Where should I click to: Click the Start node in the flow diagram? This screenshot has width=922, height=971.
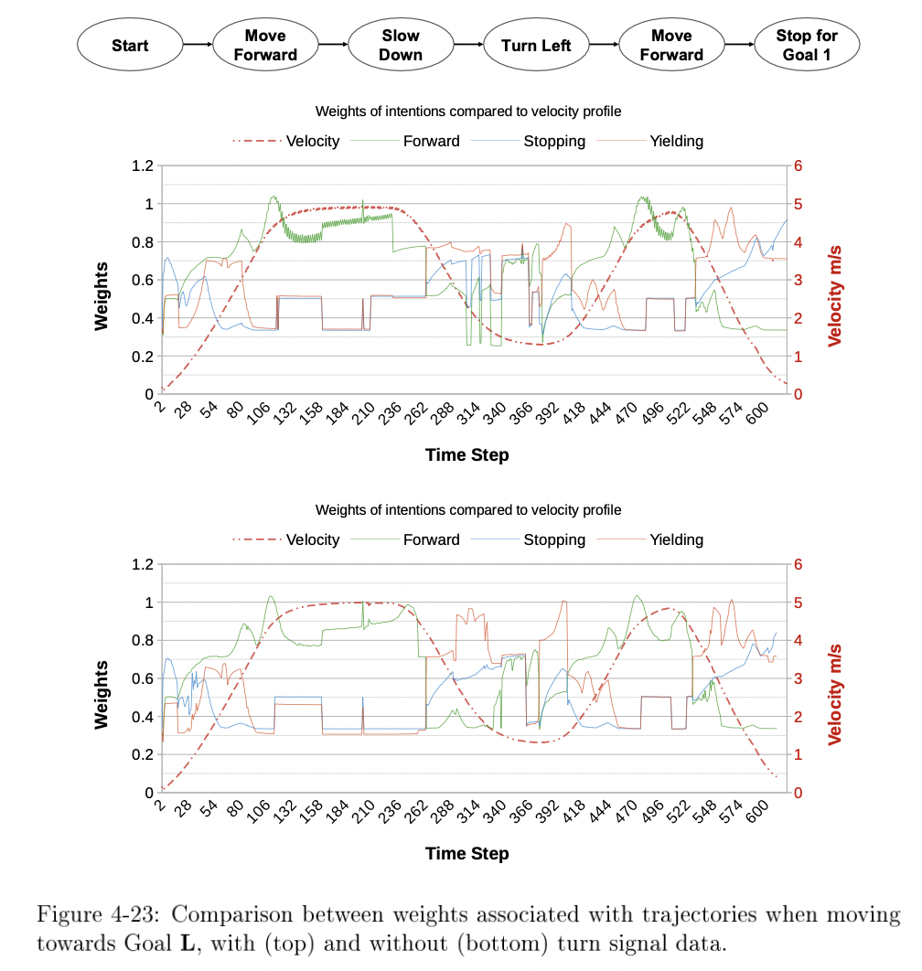pyautogui.click(x=130, y=45)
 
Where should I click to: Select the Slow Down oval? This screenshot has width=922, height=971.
pyautogui.click(x=401, y=45)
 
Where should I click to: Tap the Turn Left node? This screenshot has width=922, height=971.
pyautogui.click(x=536, y=45)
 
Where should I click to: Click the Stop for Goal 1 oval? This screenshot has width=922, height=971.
pyautogui.click(x=806, y=45)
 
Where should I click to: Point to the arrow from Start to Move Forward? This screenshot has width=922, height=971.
pyautogui.click(x=197, y=44)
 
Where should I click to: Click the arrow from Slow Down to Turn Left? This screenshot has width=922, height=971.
pyautogui.click(x=467, y=44)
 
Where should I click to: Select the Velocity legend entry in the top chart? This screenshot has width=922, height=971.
pyautogui.click(x=312, y=141)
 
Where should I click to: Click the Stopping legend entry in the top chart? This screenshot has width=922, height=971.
pyautogui.click(x=553, y=141)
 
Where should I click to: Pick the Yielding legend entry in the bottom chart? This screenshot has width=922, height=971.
pyautogui.click(x=676, y=539)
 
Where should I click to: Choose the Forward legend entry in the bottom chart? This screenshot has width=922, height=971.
pyautogui.click(x=431, y=539)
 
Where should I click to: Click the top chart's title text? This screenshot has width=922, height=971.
pyautogui.click(x=468, y=112)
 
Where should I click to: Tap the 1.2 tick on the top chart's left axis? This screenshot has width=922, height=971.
pyautogui.click(x=141, y=166)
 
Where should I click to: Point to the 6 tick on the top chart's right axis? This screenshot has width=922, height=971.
pyautogui.click(x=798, y=166)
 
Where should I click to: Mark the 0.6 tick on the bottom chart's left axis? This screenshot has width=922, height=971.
pyautogui.click(x=141, y=678)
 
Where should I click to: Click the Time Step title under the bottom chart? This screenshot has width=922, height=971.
pyautogui.click(x=466, y=853)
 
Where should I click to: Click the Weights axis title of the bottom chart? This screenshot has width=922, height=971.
pyautogui.click(x=102, y=695)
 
